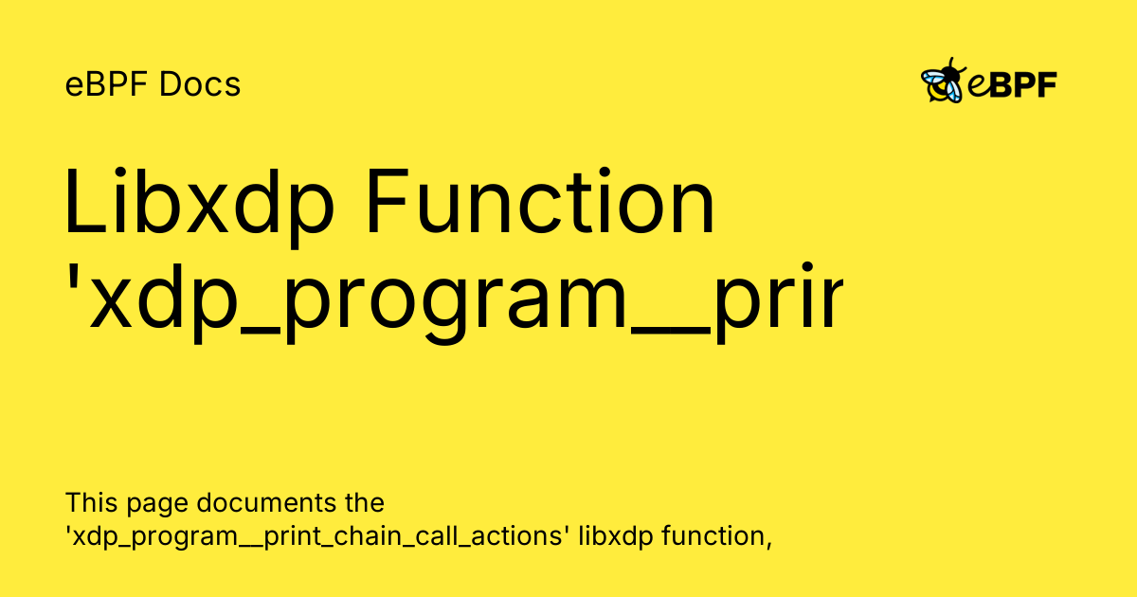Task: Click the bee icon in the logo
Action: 942,82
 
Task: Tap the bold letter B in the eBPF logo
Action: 1001,85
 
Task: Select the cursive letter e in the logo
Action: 978,87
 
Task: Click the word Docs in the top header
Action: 200,85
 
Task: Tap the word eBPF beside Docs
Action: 108,85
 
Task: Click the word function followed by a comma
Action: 716,536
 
